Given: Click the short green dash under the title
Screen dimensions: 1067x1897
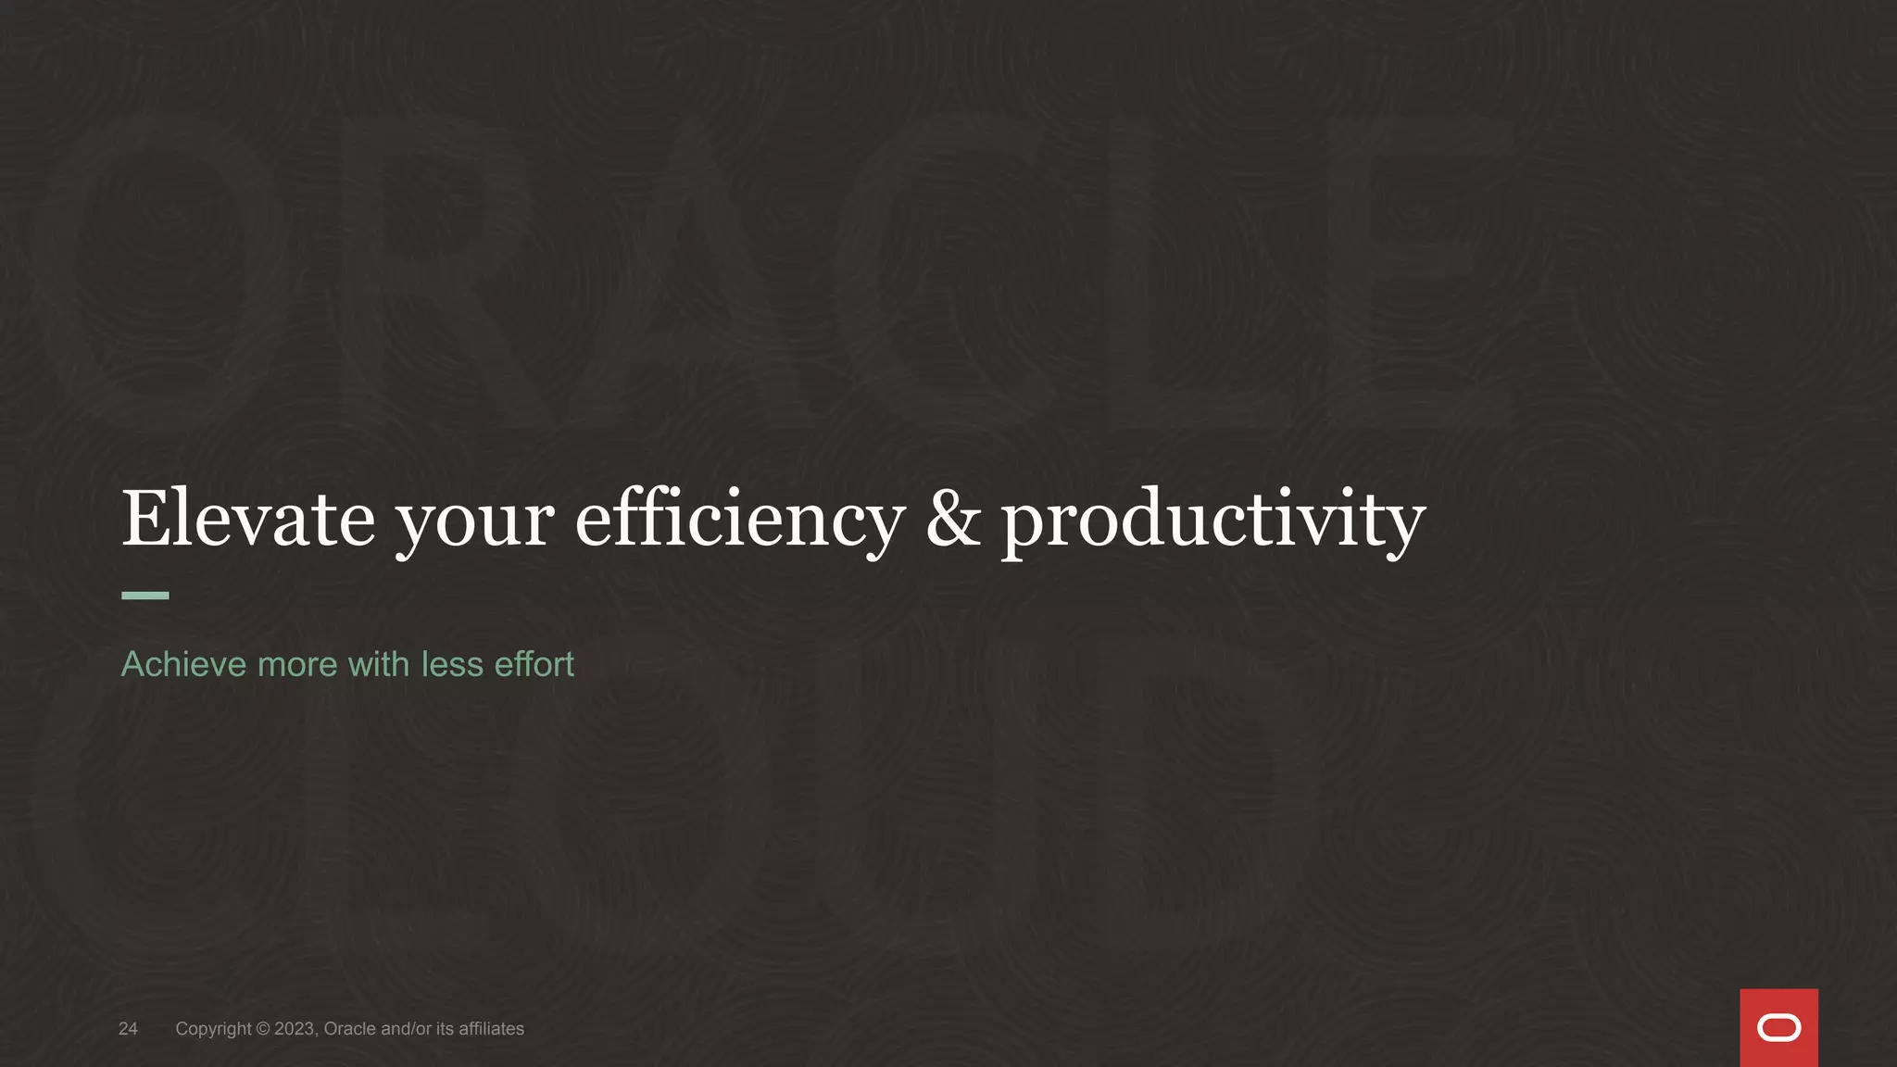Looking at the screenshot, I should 145,596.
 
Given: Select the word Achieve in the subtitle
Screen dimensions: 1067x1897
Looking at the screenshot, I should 183,664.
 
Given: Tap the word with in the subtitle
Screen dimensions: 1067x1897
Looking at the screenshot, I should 379,664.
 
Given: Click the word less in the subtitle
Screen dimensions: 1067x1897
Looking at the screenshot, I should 452,664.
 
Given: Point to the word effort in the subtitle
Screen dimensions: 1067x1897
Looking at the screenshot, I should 534,664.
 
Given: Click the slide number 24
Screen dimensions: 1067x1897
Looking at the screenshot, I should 128,1029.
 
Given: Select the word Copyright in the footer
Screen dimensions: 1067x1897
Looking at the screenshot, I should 213,1029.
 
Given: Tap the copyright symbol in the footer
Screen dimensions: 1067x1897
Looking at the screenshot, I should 263,1029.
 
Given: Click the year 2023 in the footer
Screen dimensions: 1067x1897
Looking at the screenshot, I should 295,1029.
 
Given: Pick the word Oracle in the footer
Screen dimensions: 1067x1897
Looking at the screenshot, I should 349,1029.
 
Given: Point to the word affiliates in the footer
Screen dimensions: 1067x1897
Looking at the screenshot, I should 491,1029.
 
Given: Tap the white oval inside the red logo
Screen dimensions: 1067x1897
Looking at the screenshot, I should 1778,1028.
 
